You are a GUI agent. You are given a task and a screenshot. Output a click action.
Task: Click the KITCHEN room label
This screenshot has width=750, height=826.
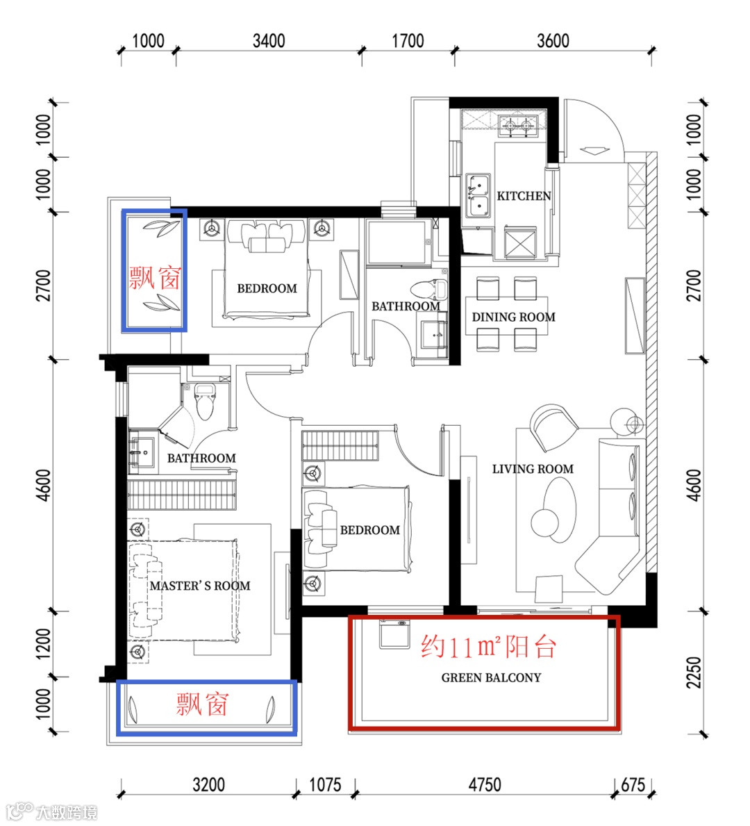(x=524, y=196)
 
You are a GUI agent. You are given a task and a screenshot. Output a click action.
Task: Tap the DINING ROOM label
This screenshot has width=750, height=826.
(x=513, y=317)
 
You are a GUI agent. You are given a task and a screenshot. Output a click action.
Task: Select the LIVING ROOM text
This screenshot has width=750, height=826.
(x=533, y=469)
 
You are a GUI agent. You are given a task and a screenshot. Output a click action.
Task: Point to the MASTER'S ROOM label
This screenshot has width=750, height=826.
(x=199, y=586)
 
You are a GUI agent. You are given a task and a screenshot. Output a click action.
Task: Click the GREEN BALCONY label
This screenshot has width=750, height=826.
(x=491, y=677)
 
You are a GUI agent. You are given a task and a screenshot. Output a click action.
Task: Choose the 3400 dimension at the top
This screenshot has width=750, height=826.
(x=269, y=40)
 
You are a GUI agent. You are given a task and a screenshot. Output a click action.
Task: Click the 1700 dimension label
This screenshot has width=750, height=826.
(x=408, y=40)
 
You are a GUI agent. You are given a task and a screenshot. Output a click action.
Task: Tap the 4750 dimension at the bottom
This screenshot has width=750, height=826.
(x=485, y=785)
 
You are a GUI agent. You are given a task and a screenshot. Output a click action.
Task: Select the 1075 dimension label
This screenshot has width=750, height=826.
(x=325, y=785)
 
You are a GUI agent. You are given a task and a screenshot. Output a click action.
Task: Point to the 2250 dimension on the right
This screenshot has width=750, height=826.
(x=694, y=672)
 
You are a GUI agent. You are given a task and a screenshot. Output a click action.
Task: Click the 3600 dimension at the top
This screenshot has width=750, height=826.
(x=553, y=40)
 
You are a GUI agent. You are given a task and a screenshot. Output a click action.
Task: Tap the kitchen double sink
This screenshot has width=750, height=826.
(x=478, y=195)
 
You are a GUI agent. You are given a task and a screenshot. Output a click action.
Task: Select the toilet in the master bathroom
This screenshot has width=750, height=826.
(x=204, y=402)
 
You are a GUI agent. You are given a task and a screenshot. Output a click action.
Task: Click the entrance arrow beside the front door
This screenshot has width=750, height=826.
(x=594, y=151)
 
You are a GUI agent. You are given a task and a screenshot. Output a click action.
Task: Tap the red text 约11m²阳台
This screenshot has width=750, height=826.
(x=488, y=646)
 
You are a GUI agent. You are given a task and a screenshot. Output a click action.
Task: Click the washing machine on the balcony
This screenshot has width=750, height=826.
(x=394, y=634)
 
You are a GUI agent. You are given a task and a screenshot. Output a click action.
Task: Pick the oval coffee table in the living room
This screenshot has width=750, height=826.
(x=559, y=509)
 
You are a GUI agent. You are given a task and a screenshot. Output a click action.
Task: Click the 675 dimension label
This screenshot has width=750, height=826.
(x=633, y=785)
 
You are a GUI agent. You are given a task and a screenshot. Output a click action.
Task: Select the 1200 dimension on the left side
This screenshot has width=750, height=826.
(x=43, y=644)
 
